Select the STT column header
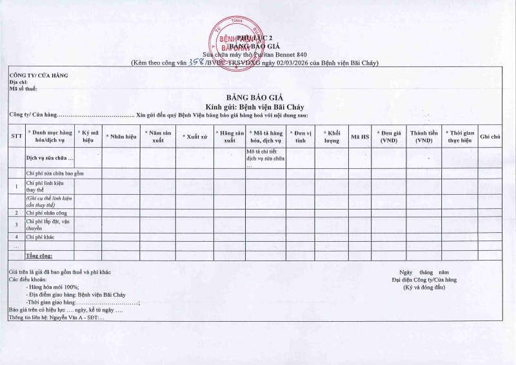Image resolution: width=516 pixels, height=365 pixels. pos(16,136)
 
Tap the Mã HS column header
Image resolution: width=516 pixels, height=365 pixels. pos(360,137)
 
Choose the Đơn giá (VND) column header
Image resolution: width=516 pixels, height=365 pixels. pos(388,136)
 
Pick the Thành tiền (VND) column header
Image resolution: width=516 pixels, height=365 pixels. pos(424,136)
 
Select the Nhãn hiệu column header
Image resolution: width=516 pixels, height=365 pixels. pos(121,137)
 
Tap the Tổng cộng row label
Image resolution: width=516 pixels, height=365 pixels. pos(39,256)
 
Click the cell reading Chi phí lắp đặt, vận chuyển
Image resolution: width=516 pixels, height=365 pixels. pos(48,224)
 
